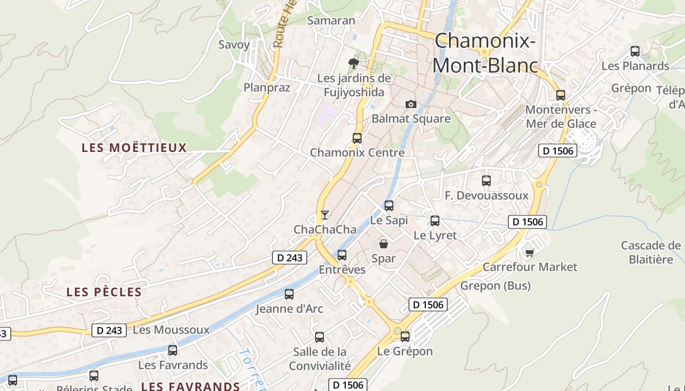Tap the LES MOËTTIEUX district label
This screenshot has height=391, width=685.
tap(135, 148)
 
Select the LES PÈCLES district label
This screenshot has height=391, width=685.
tap(104, 292)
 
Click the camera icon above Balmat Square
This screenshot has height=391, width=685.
tap(411, 104)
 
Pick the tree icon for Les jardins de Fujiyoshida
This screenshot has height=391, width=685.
tap(353, 63)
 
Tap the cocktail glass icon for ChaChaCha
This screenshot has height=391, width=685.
tap(324, 215)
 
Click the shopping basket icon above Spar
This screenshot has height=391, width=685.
tap(384, 243)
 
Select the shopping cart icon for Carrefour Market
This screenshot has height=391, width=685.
tap(529, 252)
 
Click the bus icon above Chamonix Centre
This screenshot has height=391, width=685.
tap(357, 138)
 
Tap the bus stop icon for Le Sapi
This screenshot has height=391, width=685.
tap(389, 206)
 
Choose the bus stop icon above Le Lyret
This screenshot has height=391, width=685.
tap(435, 220)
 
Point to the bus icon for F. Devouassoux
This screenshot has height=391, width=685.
tap(486, 181)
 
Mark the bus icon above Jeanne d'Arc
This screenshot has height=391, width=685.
tap(289, 294)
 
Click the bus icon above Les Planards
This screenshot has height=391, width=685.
tap(635, 51)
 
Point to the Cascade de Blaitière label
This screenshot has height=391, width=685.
tap(651, 252)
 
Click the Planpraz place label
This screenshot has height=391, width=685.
tap(267, 87)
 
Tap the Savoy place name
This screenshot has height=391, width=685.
tap(234, 44)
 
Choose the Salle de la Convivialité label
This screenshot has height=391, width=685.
tap(320, 359)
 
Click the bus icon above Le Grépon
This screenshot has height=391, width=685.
tap(405, 336)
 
